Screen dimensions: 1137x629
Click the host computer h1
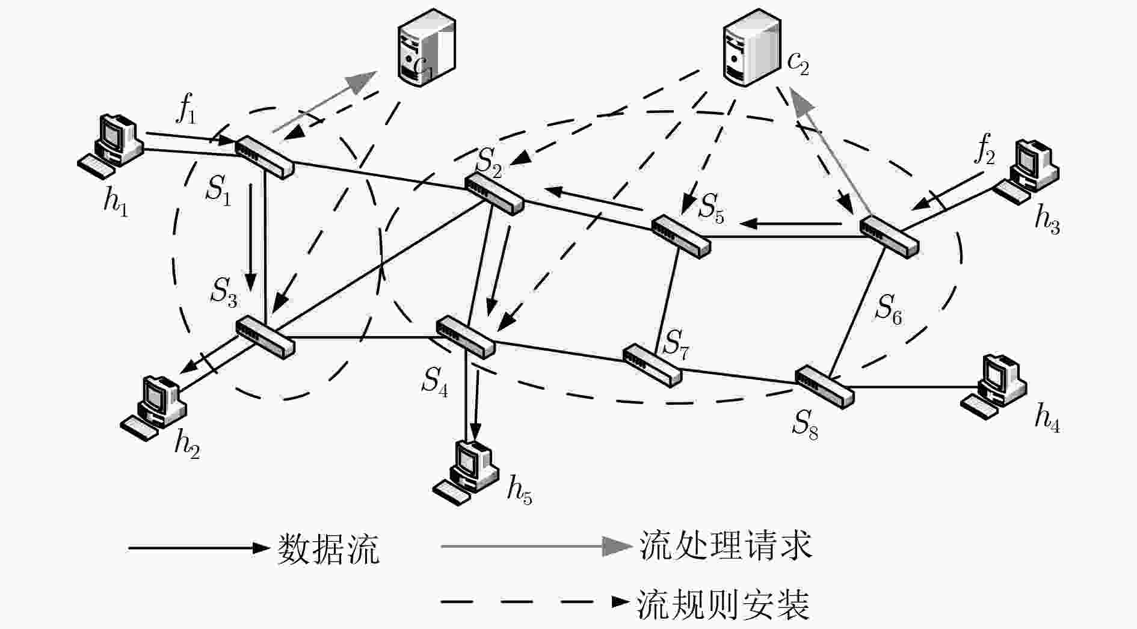coord(111,146)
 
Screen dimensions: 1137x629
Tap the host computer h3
coord(1025,171)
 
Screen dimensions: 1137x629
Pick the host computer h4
coord(993,386)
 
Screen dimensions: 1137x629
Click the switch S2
coord(494,194)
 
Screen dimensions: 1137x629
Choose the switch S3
coord(265,336)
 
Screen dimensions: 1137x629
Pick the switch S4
coord(465,336)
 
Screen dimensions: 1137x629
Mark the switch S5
coord(681,236)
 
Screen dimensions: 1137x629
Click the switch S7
coord(652,364)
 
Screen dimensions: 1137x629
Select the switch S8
coord(825,386)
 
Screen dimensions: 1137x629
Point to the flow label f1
coord(186,110)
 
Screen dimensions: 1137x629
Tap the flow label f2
coord(985,150)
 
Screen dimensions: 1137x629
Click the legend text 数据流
coord(328,548)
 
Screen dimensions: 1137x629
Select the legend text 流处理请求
coord(726,545)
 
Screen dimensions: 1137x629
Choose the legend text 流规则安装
coord(723,604)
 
